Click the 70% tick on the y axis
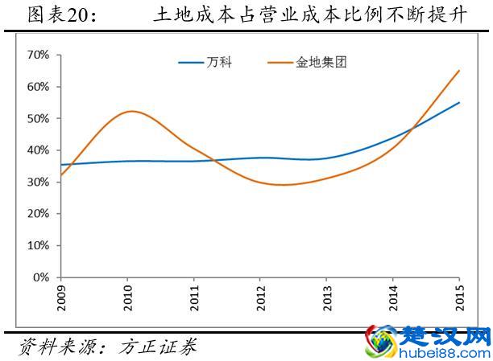(38, 55)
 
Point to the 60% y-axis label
(38, 86)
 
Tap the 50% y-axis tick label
(38, 118)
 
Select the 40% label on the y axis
(38, 150)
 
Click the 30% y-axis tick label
(38, 182)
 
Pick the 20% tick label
(38, 214)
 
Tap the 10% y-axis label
(38, 245)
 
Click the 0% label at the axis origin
(41, 277)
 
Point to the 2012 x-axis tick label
(260, 295)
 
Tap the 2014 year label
(392, 295)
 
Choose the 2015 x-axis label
(458, 295)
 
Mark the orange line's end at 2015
(458, 71)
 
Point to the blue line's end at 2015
(458, 103)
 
